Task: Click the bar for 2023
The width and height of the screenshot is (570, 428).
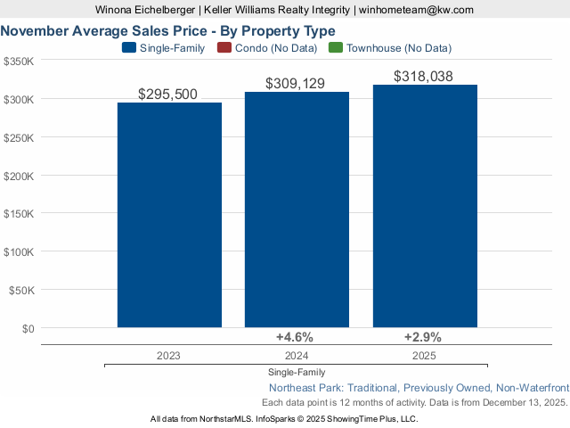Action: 169,215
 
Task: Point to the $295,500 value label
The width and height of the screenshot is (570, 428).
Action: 168,94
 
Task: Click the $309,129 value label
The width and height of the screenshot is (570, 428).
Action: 296,83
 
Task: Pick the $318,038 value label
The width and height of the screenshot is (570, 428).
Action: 424,76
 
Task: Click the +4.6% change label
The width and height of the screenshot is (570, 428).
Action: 295,337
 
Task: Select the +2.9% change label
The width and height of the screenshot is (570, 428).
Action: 423,337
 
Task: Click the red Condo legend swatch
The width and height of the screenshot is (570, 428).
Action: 224,47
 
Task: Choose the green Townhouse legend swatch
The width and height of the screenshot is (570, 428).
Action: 336,47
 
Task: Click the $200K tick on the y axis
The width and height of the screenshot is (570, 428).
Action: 20,176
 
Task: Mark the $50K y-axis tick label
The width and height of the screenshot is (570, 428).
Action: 22,290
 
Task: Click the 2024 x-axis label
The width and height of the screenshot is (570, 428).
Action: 296,355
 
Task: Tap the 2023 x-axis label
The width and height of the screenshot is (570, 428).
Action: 168,355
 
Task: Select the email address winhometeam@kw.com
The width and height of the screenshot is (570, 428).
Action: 416,9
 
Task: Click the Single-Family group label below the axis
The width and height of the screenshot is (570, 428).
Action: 296,372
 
